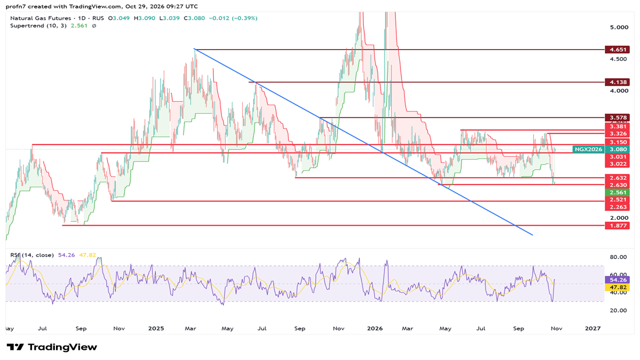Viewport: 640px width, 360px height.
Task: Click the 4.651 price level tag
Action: tap(617, 50)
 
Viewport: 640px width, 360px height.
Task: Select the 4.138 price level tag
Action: tap(617, 82)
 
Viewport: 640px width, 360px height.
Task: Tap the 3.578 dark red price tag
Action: tap(617, 118)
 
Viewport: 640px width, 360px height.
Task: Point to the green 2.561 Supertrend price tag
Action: tap(617, 193)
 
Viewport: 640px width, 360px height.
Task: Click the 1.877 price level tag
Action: tap(617, 226)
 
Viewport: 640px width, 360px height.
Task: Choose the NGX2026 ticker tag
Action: tap(588, 149)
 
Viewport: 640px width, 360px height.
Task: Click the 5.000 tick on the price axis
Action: tap(619, 27)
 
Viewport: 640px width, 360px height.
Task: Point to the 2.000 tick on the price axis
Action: tap(619, 218)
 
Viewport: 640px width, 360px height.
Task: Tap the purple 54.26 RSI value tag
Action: tap(617, 280)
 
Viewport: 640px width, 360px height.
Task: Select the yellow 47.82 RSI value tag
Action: tap(617, 287)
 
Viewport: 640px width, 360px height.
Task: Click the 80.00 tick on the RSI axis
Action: tap(618, 257)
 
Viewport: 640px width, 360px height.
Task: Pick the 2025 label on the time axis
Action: tap(156, 329)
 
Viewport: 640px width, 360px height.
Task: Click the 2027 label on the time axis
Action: tap(593, 329)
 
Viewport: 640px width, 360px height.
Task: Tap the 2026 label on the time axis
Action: tap(375, 329)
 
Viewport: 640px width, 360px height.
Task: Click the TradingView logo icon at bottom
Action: tap(15, 347)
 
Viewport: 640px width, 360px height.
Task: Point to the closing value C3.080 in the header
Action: tap(194, 18)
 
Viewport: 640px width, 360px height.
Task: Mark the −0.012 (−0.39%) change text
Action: tap(233, 18)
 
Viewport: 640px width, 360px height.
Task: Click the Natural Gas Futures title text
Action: tap(41, 18)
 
